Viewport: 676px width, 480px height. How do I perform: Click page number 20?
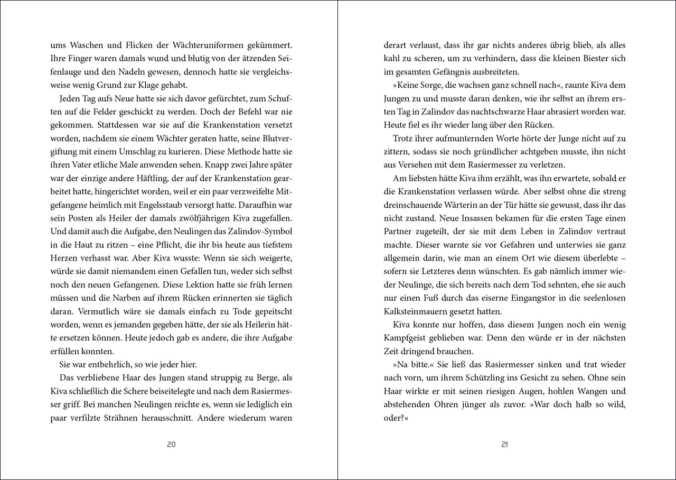click(x=171, y=445)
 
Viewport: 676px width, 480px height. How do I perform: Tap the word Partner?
click(x=400, y=232)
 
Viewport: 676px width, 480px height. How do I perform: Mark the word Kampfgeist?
click(x=408, y=338)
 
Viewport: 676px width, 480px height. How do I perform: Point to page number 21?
click(x=504, y=445)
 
